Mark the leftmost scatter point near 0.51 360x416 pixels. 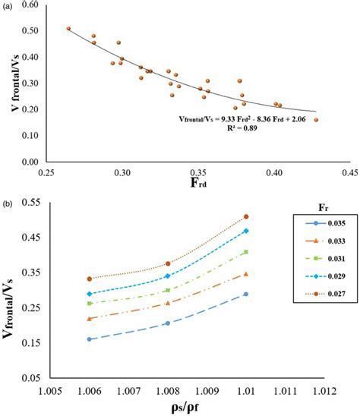68,28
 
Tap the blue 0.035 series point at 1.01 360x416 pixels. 245,294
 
